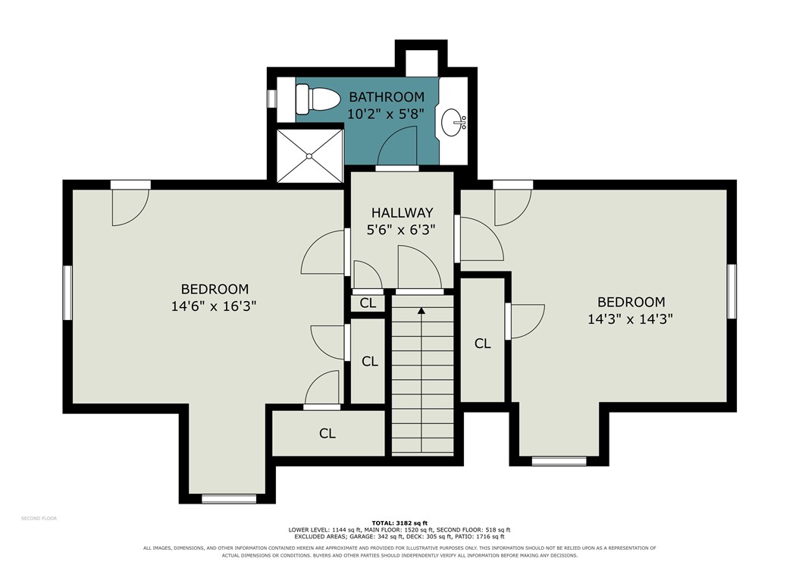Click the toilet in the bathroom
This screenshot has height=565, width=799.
tap(317, 100)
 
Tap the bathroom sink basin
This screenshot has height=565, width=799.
tap(453, 122)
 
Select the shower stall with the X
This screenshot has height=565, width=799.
tap(309, 155)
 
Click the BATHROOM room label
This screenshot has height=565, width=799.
tap(387, 96)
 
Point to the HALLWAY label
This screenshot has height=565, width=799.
tap(402, 212)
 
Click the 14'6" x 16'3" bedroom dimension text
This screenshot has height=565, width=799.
tap(214, 306)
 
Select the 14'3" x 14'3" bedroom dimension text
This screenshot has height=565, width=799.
tap(631, 319)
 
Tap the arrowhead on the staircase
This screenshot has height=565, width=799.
tap(421, 309)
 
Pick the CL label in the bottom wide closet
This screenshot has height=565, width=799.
tap(327, 434)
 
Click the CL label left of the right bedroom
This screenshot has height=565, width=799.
tap(483, 344)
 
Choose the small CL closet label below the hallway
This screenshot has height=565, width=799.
tap(368, 303)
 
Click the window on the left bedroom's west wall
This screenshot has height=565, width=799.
tap(67, 292)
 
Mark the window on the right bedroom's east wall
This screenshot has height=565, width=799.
tap(732, 291)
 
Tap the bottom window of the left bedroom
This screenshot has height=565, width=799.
tap(229, 499)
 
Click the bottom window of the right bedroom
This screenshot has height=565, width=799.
tap(559, 461)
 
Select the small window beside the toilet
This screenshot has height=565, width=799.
tap(272, 99)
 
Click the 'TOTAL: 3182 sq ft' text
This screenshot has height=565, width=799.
tap(399, 523)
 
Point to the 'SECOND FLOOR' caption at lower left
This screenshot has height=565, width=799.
tap(39, 519)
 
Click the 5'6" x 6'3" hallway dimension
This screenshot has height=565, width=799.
tap(402, 231)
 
